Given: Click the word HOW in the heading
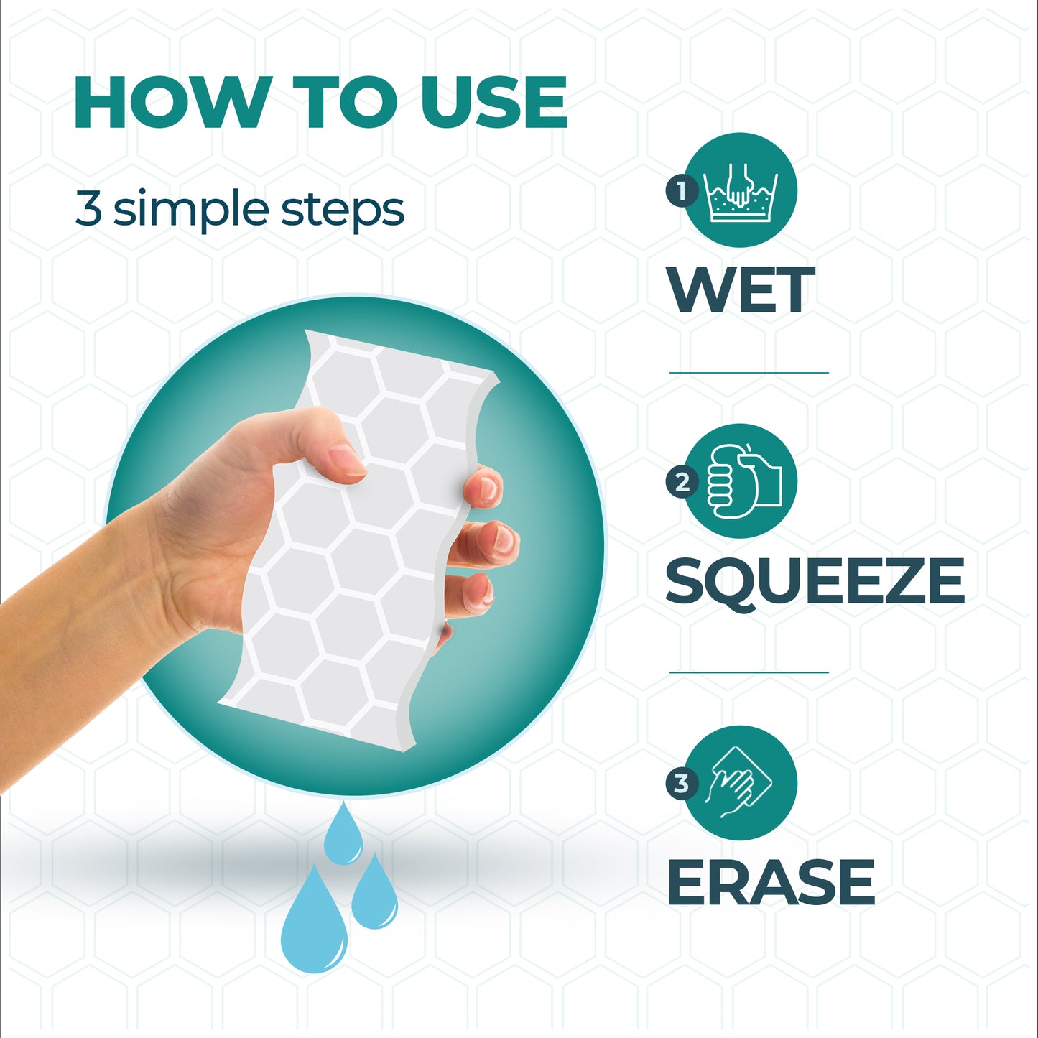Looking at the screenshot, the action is (169, 102).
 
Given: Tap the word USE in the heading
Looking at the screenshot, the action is (493, 102).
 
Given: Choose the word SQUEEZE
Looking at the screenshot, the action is (815, 581).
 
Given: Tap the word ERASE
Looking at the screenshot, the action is (770, 882).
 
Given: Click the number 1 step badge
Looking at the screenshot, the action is (682, 191).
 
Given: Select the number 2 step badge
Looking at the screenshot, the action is (682, 482).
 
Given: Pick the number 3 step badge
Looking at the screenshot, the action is (682, 784).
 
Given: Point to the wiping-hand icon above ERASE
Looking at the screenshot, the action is (740, 783).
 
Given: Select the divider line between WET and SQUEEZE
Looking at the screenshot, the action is (749, 372).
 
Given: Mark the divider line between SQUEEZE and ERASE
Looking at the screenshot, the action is (749, 672).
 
